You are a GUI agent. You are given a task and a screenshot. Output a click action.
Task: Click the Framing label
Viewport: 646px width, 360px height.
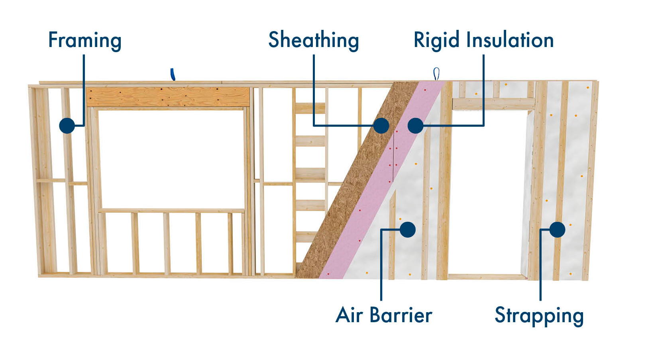coord(84,41)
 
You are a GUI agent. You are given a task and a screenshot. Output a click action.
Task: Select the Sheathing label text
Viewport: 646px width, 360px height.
coord(314,41)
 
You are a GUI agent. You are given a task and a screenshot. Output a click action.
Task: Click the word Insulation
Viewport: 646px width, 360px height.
coord(510,40)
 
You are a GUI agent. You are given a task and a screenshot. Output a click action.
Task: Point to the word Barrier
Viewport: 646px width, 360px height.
coord(401,315)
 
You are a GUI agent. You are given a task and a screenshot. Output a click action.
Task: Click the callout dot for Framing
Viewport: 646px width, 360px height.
coord(67,125)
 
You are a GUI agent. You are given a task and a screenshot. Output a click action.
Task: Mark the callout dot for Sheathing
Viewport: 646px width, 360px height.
coord(381,125)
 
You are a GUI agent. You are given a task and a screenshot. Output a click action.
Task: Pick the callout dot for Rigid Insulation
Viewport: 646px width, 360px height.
coord(415,125)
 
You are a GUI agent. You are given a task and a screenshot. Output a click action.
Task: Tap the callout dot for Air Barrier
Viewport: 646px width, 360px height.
coord(407,229)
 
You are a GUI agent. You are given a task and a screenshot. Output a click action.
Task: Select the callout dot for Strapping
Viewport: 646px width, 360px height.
coord(557,229)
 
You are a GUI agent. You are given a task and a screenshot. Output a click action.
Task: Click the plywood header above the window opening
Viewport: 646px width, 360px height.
coord(167,97)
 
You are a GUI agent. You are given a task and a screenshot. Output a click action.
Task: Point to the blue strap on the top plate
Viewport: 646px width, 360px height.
coord(173,74)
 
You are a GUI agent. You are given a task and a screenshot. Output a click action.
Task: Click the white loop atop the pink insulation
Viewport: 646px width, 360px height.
coord(436,74)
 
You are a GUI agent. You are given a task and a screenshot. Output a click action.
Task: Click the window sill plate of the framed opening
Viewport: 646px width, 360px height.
coord(171,210)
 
